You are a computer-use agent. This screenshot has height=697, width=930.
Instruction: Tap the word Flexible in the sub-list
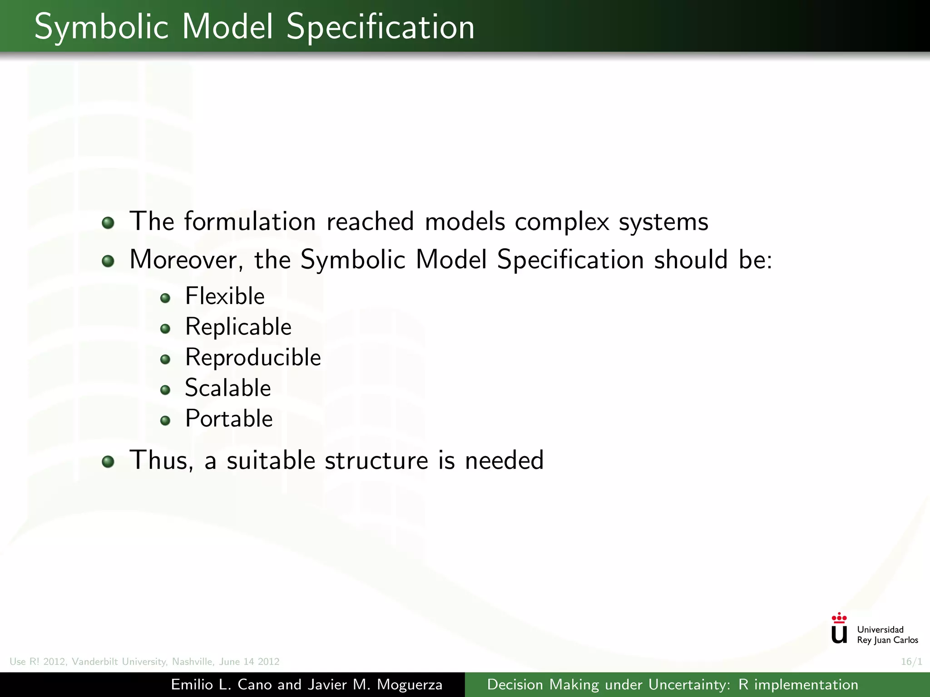pos(225,296)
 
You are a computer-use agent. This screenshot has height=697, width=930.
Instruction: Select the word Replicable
pos(238,327)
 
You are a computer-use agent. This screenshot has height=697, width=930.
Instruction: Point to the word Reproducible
pos(253,357)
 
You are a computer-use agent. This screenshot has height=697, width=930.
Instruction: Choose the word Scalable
pos(228,388)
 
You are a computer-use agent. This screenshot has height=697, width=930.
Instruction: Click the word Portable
pos(228,418)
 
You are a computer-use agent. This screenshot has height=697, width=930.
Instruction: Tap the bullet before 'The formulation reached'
pos(108,223)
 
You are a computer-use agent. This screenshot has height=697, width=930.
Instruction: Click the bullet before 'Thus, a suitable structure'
pos(108,461)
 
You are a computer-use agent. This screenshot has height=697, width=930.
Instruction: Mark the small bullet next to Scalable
pos(165,390)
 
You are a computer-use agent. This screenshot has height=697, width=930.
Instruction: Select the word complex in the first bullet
pos(562,222)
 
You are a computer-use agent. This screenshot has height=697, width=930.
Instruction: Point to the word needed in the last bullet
pos(504,461)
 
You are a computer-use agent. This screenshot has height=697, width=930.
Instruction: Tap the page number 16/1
pos(911,662)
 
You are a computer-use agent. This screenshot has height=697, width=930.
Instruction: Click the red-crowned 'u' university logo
pos(839,629)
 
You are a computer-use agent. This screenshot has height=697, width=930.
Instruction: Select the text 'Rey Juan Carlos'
pos(887,640)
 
